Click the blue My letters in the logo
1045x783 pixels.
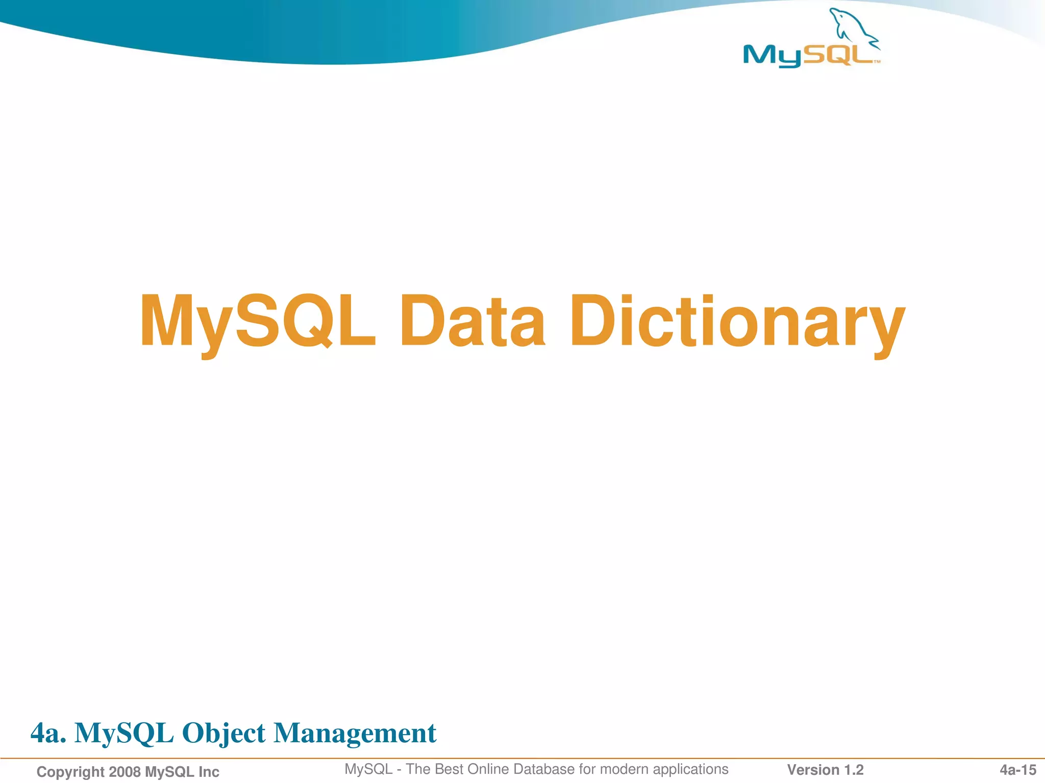[x=772, y=56]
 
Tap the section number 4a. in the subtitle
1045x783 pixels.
[x=48, y=733]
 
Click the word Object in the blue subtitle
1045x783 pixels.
[x=223, y=733]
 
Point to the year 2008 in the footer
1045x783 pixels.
[x=125, y=772]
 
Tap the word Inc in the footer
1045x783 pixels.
[x=208, y=772]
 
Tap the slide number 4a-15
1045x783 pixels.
[x=1018, y=770]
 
